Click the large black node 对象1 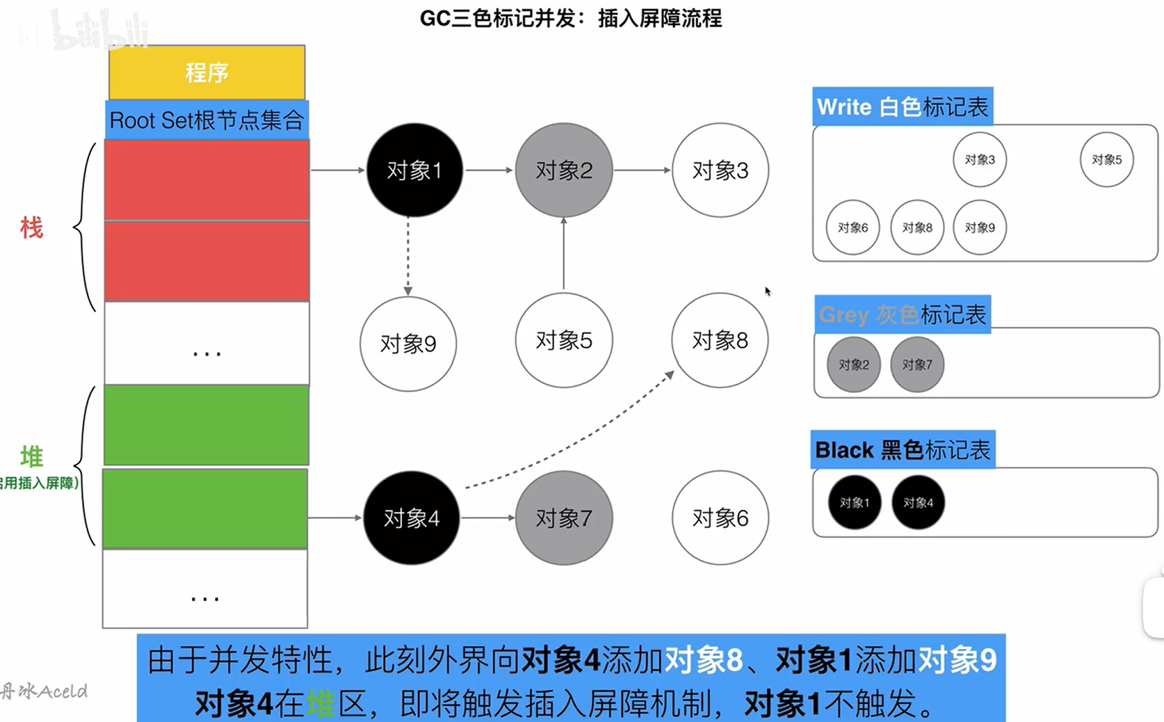(x=414, y=170)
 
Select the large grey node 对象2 (x=563, y=170)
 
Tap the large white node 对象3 (x=720, y=170)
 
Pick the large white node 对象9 (x=408, y=344)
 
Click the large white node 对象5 (x=563, y=340)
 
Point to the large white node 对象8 (x=720, y=340)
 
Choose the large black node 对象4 (x=412, y=518)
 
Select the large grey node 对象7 (x=563, y=518)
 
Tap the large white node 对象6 (x=720, y=518)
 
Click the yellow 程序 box (x=207, y=72)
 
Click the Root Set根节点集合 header (x=207, y=120)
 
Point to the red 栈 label (x=31, y=227)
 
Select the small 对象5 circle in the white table (x=1106, y=160)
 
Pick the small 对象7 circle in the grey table (x=917, y=364)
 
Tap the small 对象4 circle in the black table (x=918, y=502)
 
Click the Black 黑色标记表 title (x=903, y=450)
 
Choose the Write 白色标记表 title (x=903, y=107)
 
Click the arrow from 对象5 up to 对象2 (x=563, y=254)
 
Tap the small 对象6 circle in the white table (x=852, y=227)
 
